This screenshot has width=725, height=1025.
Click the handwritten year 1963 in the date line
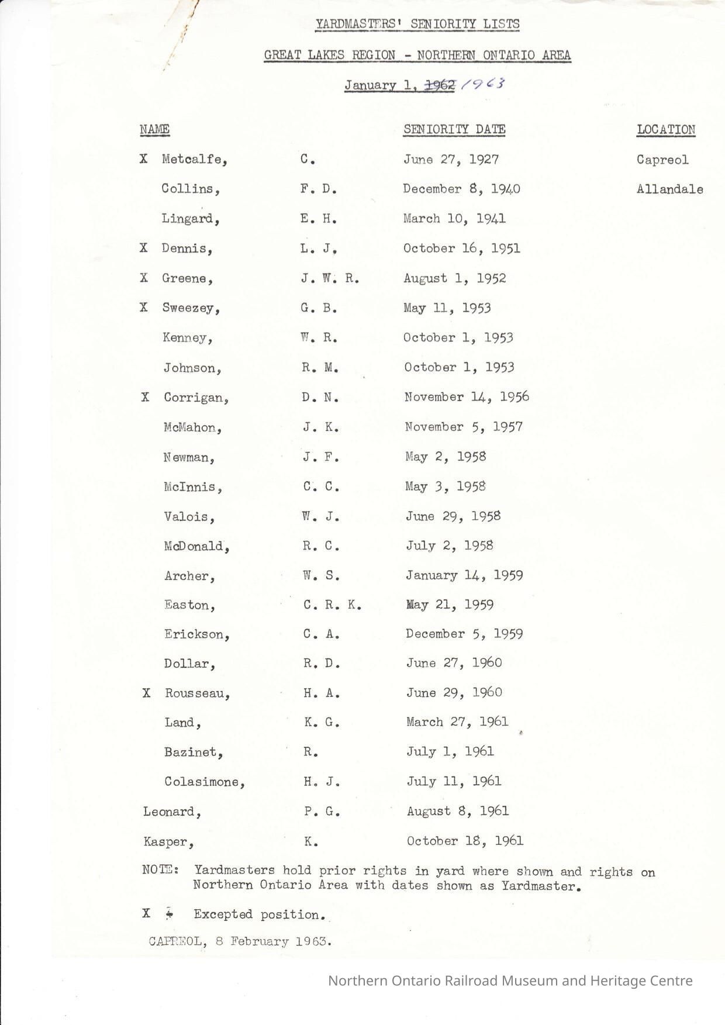483,84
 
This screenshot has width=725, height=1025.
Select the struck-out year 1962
440,85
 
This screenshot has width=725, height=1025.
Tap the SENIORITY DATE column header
454,129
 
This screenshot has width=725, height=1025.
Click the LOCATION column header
666,130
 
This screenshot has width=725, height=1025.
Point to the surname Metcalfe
194,160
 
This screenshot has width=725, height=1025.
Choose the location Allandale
669,189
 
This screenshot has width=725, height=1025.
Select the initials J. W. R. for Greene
330,278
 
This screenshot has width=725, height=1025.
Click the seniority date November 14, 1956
467,397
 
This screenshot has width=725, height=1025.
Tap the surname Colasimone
204,782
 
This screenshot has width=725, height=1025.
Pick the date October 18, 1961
465,841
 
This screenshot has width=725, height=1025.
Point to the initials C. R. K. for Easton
332,605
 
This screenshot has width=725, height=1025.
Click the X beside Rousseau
146,693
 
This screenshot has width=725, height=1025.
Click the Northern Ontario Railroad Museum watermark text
510,981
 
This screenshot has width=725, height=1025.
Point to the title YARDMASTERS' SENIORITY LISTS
417,24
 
